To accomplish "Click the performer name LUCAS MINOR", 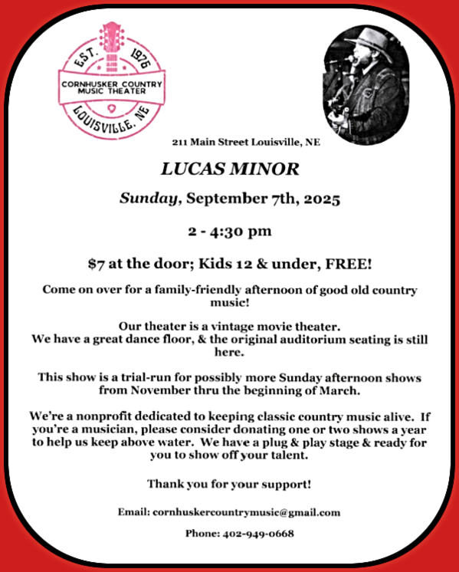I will [229, 169].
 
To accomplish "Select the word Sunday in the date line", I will [150, 198].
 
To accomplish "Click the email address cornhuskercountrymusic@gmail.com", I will [245, 511].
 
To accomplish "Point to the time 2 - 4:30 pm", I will [229, 231].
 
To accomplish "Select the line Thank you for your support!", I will [229, 485].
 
